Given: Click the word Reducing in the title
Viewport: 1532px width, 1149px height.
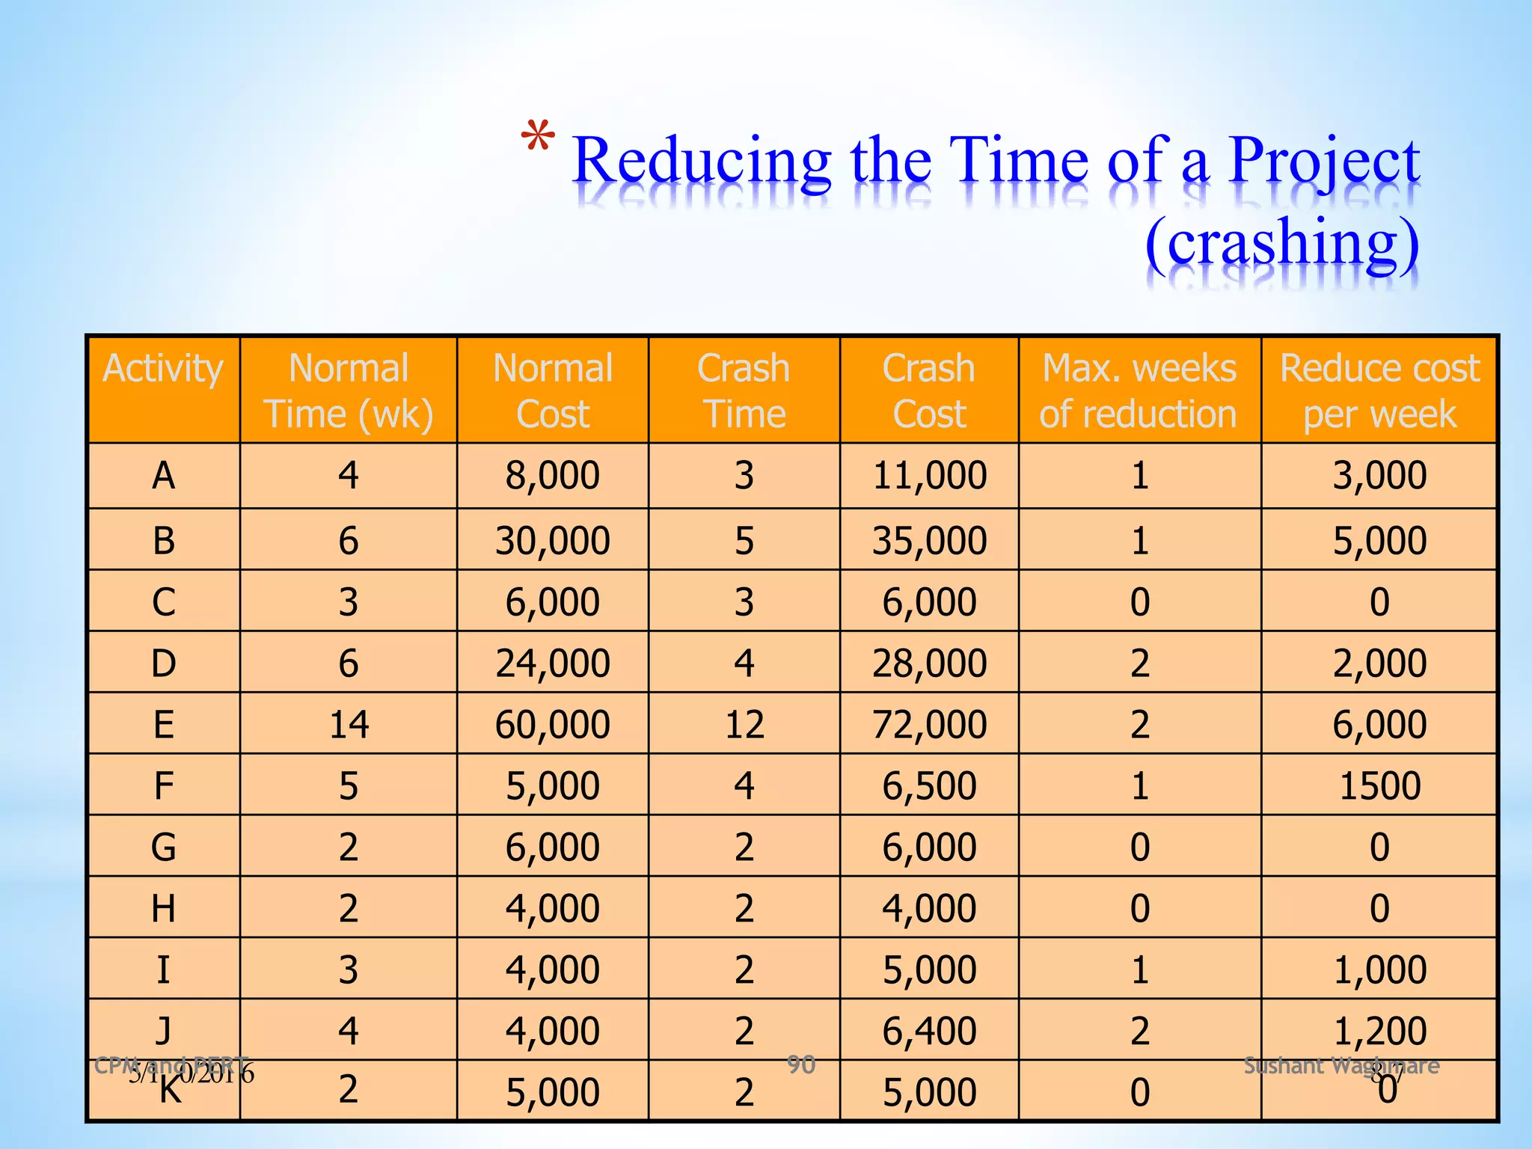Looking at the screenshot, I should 701,162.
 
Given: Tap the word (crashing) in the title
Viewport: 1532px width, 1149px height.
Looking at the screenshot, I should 1281,244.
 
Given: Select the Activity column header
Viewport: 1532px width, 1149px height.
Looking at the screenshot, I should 163,369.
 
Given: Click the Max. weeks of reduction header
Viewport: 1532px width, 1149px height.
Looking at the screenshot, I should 1139,390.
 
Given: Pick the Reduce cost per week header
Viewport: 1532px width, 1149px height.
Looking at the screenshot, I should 1379,390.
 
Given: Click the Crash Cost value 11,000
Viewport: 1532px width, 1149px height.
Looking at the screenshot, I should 929,476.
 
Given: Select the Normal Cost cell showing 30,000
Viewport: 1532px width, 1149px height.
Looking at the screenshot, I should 552,541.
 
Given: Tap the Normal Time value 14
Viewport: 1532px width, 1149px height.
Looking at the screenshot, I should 349,724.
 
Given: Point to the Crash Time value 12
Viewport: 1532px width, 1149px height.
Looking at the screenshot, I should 744,724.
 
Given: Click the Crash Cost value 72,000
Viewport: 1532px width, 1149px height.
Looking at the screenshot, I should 929,724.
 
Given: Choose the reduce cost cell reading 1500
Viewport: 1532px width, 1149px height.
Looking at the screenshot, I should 1379,785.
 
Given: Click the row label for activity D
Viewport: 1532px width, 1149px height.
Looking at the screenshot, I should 163,664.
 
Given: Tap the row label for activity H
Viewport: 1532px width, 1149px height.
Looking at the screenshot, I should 163,909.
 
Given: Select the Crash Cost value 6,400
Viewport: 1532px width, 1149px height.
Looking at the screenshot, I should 929,1031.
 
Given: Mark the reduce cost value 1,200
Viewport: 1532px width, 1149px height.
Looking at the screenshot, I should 1379,1031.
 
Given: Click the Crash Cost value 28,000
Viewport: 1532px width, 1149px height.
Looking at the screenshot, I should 929,664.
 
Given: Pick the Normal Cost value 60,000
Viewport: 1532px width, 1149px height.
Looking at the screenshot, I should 552,724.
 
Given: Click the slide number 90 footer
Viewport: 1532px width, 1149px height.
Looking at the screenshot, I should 800,1064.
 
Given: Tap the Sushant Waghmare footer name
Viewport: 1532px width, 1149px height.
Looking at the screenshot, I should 1340,1065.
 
